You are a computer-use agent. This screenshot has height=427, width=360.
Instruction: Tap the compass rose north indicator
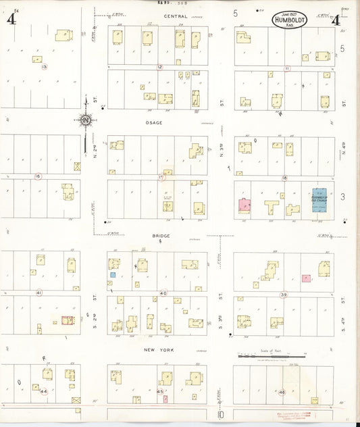tap(86, 120)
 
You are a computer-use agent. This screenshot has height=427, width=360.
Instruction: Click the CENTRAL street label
tap(157, 16)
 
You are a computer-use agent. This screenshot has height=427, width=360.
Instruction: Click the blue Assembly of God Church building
tap(319, 201)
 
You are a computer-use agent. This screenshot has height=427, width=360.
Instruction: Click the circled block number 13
tap(44, 67)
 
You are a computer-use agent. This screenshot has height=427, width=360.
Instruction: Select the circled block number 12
tap(159, 67)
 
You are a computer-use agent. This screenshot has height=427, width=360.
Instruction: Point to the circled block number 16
tap(38, 176)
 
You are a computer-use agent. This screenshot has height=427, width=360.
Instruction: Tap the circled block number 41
tap(38, 293)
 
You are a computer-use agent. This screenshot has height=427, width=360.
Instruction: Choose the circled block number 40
tap(163, 293)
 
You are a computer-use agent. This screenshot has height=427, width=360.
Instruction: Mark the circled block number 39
tap(284, 295)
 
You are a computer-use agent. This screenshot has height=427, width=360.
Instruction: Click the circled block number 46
tap(282, 391)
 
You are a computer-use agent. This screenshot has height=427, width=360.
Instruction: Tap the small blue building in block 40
tap(113, 275)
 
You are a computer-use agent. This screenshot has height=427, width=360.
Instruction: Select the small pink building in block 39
tap(306, 278)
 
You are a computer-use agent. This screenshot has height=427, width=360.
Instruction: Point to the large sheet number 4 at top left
tap(11, 19)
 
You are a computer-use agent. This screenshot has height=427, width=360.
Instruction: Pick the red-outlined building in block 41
tap(68, 322)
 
